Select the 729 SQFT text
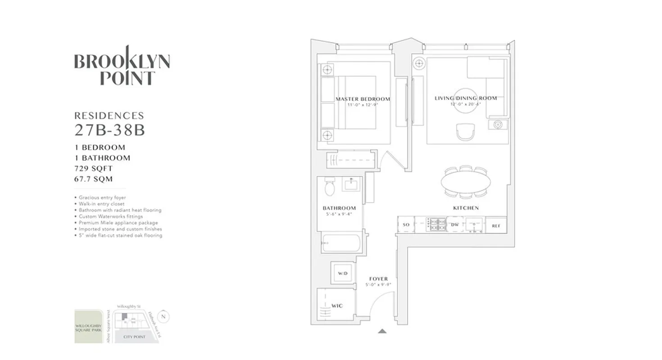pyautogui.click(x=94, y=169)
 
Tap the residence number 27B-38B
pyautogui.click(x=109, y=130)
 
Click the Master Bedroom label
pyautogui.click(x=363, y=99)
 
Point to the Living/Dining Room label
pyautogui.click(x=466, y=98)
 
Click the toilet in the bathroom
pyautogui.click(x=330, y=188)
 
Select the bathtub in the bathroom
pyautogui.click(x=341, y=243)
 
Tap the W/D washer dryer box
pyautogui.click(x=343, y=273)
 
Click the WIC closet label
pyautogui.click(x=337, y=306)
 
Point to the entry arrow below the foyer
pyautogui.click(x=382, y=331)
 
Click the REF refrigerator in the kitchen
pyautogui.click(x=496, y=225)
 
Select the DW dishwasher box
pyautogui.click(x=455, y=224)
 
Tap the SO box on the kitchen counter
pyautogui.click(x=406, y=224)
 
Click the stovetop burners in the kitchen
pyautogui.click(x=436, y=224)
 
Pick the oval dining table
pyautogui.click(x=466, y=182)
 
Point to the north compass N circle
pyautogui.click(x=163, y=316)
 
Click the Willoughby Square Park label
pyautogui.click(x=89, y=326)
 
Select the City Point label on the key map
pyautogui.click(x=134, y=337)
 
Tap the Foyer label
pyautogui.click(x=378, y=279)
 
